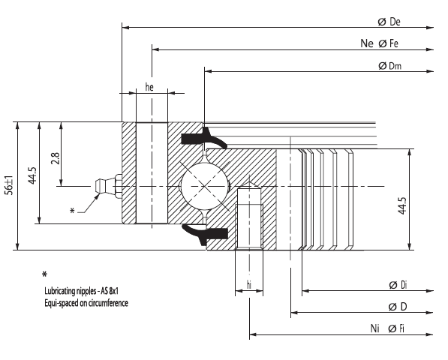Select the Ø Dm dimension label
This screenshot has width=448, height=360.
(390, 66)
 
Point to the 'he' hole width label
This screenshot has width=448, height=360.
(149, 88)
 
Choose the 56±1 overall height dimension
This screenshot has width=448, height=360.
(8, 184)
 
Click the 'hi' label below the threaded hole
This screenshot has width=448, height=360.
(248, 285)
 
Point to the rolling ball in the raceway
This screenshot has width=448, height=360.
(203, 184)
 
